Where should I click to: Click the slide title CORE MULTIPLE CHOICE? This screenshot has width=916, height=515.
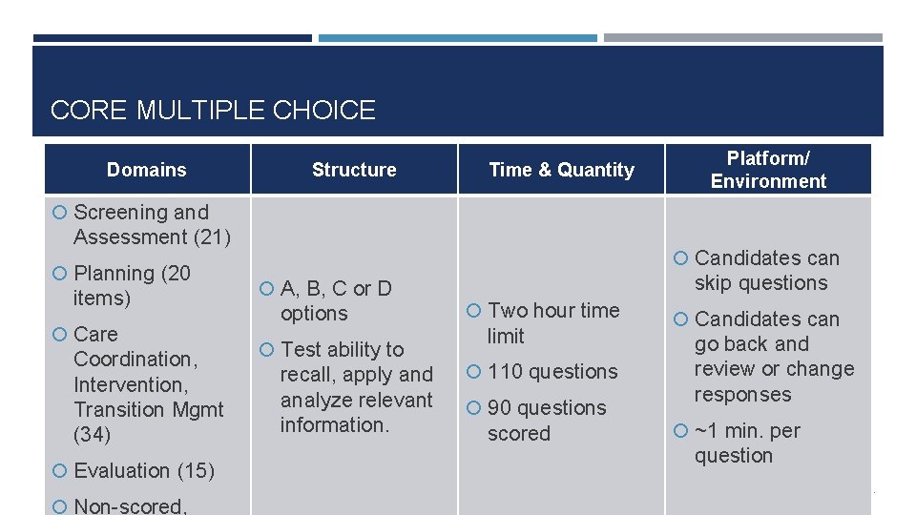(213, 111)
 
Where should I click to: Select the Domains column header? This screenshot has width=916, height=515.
(147, 170)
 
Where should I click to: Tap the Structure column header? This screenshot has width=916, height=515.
(354, 170)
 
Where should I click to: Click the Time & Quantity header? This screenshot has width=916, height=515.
(561, 170)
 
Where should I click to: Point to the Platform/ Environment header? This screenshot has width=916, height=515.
(768, 170)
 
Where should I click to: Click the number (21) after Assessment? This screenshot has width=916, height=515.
(212, 237)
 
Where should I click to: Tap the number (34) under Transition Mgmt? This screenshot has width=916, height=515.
(92, 435)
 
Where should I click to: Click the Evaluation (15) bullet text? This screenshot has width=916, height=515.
(144, 470)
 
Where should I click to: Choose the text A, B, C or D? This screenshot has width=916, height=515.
(336, 288)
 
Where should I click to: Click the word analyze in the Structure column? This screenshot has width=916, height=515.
(317, 400)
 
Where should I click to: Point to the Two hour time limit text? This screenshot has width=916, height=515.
(553, 322)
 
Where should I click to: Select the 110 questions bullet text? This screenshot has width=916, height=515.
(552, 372)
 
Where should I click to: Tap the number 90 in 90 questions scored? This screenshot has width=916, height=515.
(500, 408)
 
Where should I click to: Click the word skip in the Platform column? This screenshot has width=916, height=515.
(715, 283)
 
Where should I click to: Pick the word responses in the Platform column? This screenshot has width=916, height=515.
(742, 394)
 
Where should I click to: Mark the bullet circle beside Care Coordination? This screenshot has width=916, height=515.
(60, 335)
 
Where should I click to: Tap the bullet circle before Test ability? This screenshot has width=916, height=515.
(267, 350)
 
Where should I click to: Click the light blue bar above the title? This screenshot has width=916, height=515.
(457, 38)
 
